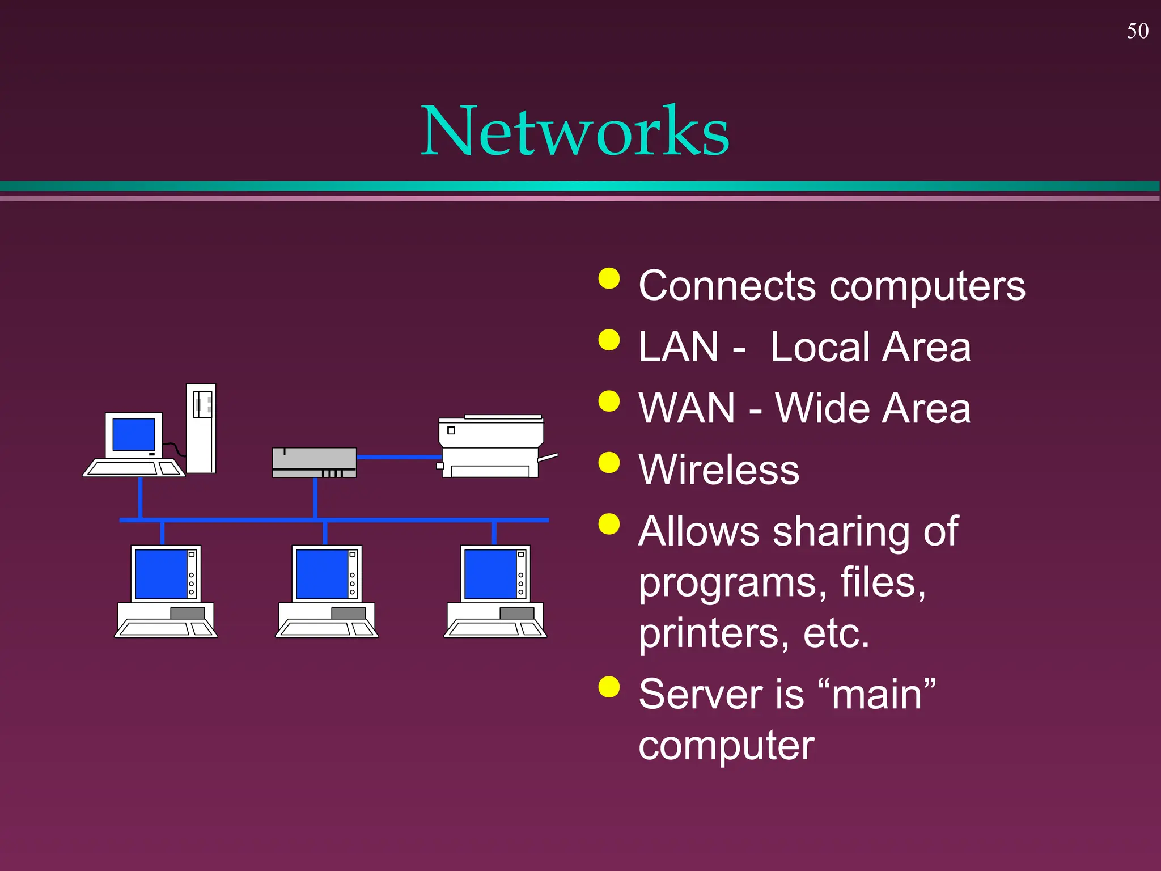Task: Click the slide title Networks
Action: point(574,132)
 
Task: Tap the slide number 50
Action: point(1137,31)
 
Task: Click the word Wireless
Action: point(718,470)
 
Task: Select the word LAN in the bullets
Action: point(678,347)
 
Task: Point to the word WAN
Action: point(686,408)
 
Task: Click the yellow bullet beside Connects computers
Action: point(609,278)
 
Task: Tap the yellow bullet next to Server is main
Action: point(609,687)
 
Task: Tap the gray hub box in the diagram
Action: point(314,462)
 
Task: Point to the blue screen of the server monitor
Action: point(134,434)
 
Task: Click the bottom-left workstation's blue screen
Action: point(161,574)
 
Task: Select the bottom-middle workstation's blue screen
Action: point(322,574)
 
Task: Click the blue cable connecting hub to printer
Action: point(399,456)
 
